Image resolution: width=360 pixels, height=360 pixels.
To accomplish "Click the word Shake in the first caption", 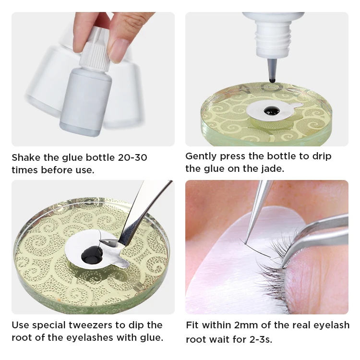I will click(x=26, y=157).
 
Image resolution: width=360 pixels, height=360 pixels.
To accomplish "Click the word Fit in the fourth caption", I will click(x=192, y=325).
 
